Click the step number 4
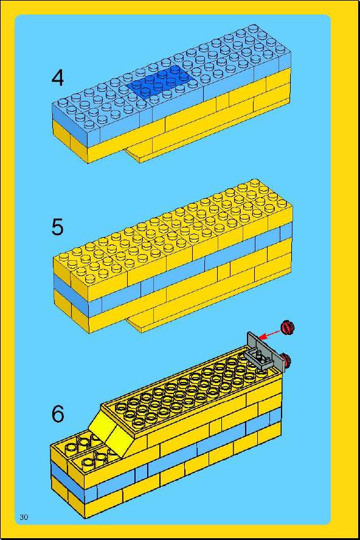(58, 78)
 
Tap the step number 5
(58, 227)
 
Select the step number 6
(58, 414)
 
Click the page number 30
(24, 517)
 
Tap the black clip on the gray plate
(259, 357)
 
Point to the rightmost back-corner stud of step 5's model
(255, 183)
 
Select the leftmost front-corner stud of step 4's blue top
(64, 102)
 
